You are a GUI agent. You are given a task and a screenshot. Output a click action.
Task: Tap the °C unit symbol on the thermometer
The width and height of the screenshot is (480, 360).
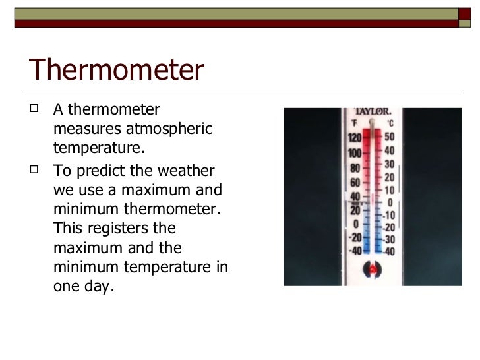[390, 123]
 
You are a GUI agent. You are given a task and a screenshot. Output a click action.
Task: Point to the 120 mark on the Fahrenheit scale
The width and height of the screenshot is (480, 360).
[354, 138]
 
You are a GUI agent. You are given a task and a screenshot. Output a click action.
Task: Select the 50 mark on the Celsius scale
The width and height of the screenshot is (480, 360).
[390, 136]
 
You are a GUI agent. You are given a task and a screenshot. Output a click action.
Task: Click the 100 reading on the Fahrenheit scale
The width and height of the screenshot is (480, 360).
[354, 153]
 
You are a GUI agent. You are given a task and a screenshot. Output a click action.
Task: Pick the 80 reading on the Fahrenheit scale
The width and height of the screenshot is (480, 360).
[354, 167]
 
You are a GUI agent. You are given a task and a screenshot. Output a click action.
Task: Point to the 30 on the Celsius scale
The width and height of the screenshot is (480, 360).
[390, 164]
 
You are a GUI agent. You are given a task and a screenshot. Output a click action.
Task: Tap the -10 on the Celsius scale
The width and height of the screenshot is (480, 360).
[390, 215]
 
